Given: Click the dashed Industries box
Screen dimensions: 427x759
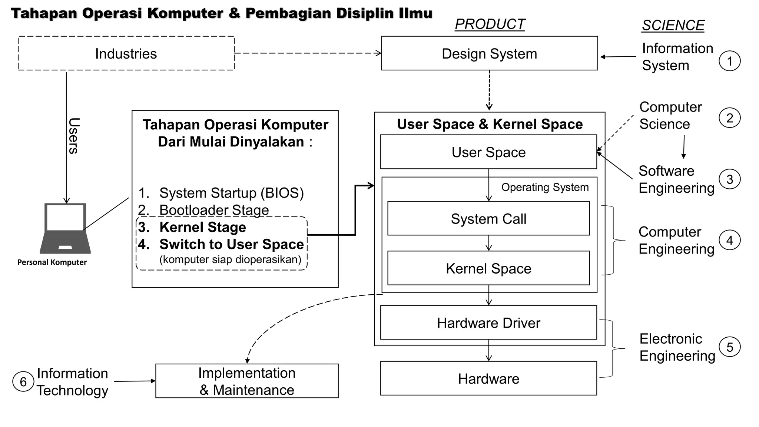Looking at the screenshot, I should click(x=126, y=53).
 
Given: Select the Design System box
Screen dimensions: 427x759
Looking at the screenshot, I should click(x=489, y=53).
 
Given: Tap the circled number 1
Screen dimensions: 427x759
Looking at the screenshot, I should click(x=729, y=61).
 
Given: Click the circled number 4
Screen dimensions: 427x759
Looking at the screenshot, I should click(x=729, y=240).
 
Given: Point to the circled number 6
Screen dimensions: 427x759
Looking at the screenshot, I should click(x=23, y=382).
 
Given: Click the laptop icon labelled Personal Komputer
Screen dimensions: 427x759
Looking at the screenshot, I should click(x=65, y=228).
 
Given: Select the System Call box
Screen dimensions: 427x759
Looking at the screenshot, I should click(x=488, y=218).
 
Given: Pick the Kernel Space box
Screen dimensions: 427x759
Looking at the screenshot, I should click(x=488, y=268).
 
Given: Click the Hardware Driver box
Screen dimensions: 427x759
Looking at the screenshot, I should click(x=488, y=322).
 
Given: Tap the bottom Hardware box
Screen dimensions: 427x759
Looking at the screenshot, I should click(x=488, y=378).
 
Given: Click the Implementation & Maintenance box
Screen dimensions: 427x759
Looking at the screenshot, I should click(x=247, y=381).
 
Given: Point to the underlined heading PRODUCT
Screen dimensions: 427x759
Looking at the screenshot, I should click(x=490, y=24).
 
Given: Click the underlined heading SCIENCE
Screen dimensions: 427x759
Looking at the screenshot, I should click(x=673, y=25).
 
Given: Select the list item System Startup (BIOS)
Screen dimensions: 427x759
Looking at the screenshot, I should click(x=231, y=193).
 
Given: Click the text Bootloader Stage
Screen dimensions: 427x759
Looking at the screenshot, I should click(x=214, y=209).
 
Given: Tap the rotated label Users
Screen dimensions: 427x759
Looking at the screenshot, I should click(x=73, y=136).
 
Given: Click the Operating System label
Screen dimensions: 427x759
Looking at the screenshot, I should click(x=545, y=187).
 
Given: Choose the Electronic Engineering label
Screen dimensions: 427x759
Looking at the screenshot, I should click(x=677, y=347).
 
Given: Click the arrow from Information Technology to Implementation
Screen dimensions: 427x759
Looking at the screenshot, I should click(x=134, y=381).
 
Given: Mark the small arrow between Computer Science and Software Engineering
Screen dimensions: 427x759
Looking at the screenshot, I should click(x=684, y=147).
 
